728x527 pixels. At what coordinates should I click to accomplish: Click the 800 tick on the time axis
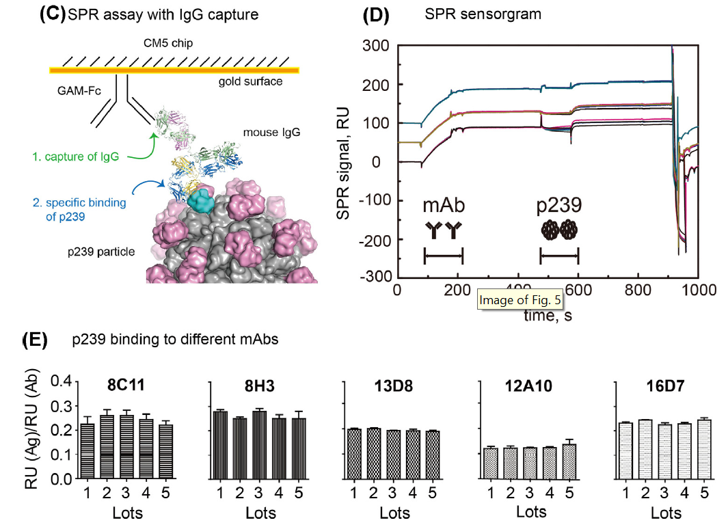(x=637, y=289)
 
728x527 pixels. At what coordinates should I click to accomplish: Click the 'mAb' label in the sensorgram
(x=443, y=206)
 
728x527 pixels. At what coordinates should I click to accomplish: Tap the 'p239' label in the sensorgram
(x=559, y=206)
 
